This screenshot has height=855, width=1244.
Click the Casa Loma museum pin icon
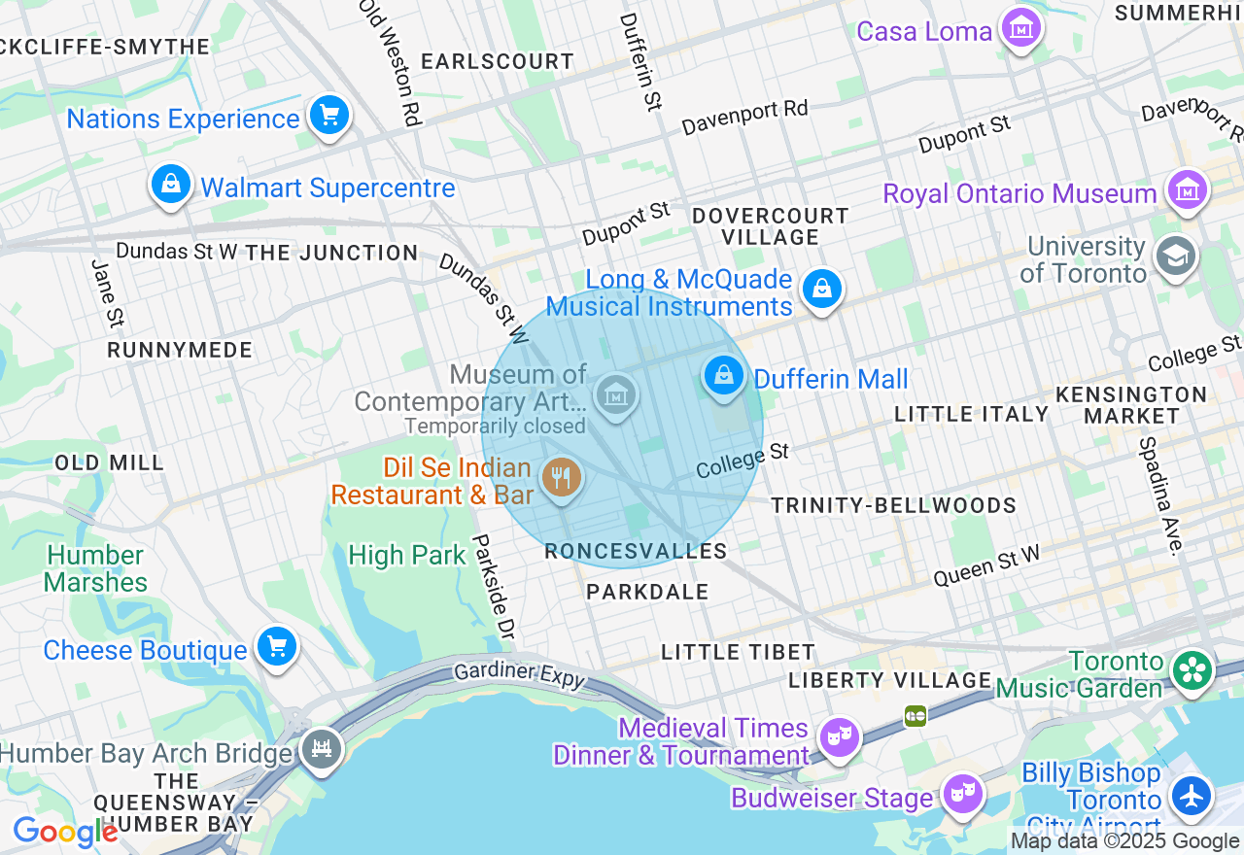tap(1020, 29)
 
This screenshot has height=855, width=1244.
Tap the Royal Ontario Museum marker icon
tap(1187, 191)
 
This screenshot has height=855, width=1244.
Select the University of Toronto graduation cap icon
tap(1175, 257)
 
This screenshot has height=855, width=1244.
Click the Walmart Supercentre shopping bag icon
tap(171, 184)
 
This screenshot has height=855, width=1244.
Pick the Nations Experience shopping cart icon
tap(328, 117)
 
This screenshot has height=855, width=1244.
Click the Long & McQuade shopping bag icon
tap(822, 289)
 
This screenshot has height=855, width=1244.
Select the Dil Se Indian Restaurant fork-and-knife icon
tap(561, 478)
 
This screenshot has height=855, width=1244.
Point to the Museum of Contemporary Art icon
tap(615, 395)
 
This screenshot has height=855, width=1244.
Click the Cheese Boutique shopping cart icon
tap(276, 646)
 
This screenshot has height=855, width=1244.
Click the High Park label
tap(407, 556)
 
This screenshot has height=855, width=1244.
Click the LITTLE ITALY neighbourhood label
tap(971, 414)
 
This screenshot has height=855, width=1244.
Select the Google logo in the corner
tap(65, 832)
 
